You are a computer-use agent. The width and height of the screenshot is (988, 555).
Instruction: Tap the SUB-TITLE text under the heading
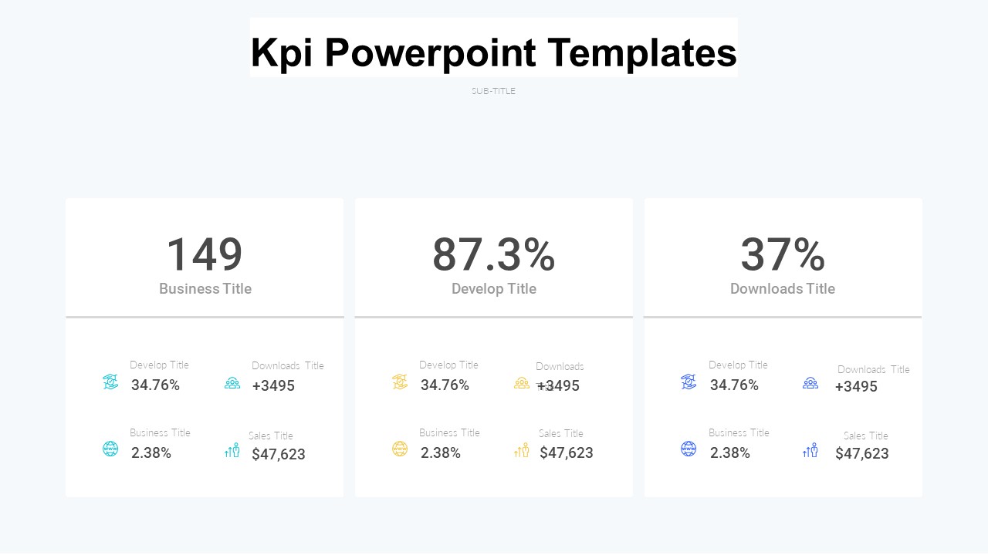(493, 91)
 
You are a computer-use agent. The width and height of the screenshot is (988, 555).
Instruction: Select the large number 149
(205, 254)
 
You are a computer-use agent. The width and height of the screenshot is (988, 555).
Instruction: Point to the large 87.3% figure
(493, 254)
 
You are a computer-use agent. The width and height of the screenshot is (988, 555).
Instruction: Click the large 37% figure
(783, 254)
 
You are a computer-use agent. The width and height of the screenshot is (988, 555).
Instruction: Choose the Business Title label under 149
(205, 289)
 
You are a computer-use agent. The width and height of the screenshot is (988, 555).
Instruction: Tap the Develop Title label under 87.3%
(494, 289)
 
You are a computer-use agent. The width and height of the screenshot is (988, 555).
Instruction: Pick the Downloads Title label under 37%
(783, 289)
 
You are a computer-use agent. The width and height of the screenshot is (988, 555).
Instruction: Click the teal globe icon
(110, 449)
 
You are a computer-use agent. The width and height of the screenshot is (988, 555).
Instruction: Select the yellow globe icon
(400, 449)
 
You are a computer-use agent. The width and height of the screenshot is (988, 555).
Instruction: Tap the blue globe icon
(689, 449)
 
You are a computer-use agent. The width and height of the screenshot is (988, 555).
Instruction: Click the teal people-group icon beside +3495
(232, 382)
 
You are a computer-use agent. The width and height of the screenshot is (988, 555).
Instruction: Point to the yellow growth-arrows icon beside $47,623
(522, 450)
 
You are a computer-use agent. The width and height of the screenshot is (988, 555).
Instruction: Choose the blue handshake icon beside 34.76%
(689, 382)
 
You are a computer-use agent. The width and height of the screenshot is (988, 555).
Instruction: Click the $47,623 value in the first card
(279, 454)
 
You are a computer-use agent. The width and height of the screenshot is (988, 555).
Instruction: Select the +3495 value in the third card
(856, 386)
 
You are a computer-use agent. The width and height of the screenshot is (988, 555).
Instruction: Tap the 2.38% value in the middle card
(441, 453)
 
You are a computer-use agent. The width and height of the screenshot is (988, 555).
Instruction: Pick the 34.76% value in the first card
(155, 385)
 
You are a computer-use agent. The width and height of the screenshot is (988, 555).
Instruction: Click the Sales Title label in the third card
(865, 436)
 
